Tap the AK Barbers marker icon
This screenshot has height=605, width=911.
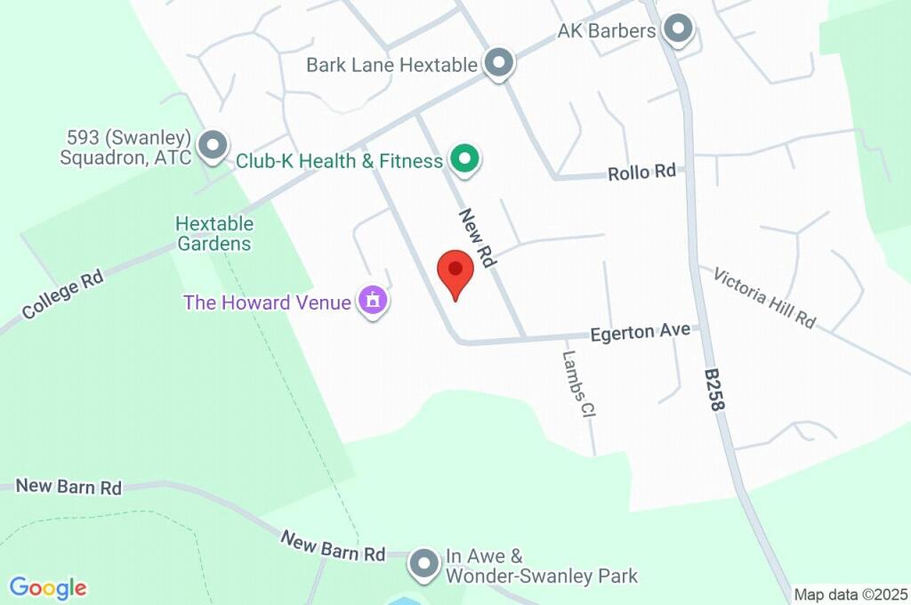[680, 29]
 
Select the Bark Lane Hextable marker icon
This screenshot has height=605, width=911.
[499, 63]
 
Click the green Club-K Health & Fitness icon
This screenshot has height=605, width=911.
[464, 160]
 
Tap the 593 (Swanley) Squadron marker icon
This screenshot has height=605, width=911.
[213, 146]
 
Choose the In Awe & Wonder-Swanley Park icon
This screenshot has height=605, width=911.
[425, 563]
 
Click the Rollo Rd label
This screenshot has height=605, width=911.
[642, 173]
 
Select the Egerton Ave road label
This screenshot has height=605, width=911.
[641, 332]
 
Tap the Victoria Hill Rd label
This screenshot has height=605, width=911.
[764, 297]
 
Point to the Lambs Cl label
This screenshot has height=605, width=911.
[578, 384]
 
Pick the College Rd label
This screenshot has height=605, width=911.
[63, 294]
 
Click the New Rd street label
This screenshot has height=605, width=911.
[477, 238]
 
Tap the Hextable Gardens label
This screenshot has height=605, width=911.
[214, 233]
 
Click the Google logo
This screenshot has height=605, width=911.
[48, 588]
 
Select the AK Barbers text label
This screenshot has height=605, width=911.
[607, 31]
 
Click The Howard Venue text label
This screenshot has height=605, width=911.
[267, 302]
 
